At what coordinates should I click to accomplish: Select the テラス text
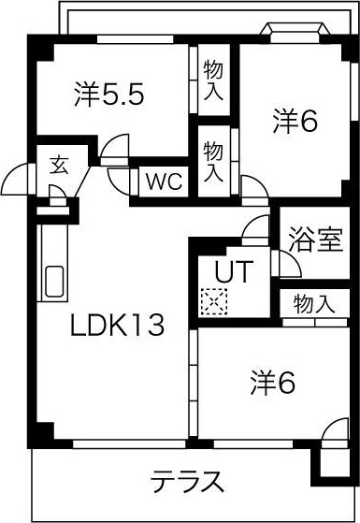coord(188,482)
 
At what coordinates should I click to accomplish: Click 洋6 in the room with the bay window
coord(295,121)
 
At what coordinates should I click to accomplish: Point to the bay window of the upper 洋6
coord(295,32)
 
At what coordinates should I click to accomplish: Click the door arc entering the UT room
coord(255,226)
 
